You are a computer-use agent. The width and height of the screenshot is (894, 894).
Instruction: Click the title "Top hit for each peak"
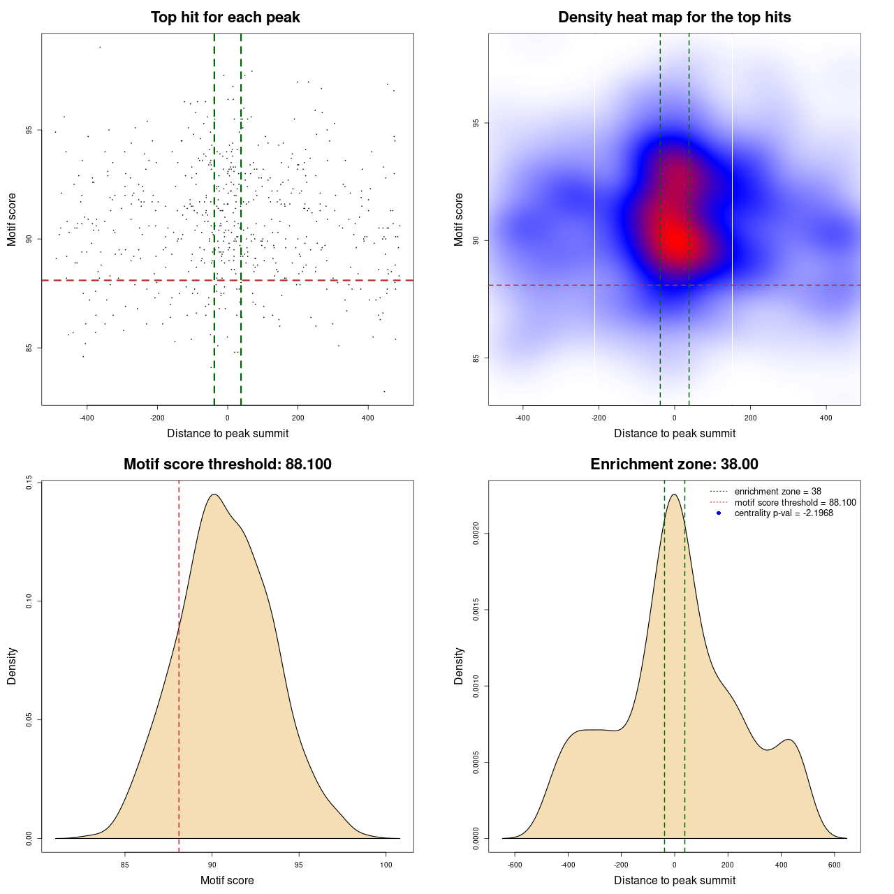(x=226, y=17)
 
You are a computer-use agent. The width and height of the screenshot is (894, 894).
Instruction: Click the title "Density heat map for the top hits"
(x=674, y=17)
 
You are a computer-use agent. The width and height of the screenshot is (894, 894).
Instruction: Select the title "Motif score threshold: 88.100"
(x=227, y=464)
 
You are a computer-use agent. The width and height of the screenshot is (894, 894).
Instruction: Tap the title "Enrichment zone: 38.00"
(x=674, y=464)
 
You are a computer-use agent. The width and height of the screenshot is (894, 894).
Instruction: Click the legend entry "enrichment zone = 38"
(x=777, y=492)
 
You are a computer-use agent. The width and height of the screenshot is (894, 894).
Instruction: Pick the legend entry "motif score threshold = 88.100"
(x=795, y=503)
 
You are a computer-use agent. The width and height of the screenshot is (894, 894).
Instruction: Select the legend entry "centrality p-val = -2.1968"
(x=784, y=513)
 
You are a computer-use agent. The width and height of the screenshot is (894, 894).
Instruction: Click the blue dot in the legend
(x=719, y=513)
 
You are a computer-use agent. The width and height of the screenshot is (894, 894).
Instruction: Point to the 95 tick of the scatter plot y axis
(x=29, y=131)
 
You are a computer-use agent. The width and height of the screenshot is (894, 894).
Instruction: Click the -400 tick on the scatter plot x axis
(x=87, y=418)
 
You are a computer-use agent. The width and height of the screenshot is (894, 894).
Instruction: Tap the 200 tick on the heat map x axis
(x=750, y=418)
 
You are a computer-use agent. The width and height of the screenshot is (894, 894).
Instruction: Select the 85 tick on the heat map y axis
(x=476, y=358)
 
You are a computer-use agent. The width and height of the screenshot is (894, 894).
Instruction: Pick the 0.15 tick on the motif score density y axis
(x=29, y=483)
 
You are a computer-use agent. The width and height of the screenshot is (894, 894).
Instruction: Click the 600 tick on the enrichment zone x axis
(x=834, y=865)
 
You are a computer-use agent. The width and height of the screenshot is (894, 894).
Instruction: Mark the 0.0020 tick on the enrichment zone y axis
(x=476, y=534)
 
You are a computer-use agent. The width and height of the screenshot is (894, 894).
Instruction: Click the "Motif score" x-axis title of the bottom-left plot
(x=227, y=881)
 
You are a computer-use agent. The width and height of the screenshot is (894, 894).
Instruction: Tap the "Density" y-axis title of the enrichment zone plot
(x=459, y=666)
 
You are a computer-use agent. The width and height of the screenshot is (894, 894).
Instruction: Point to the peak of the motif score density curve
(x=214, y=494)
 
